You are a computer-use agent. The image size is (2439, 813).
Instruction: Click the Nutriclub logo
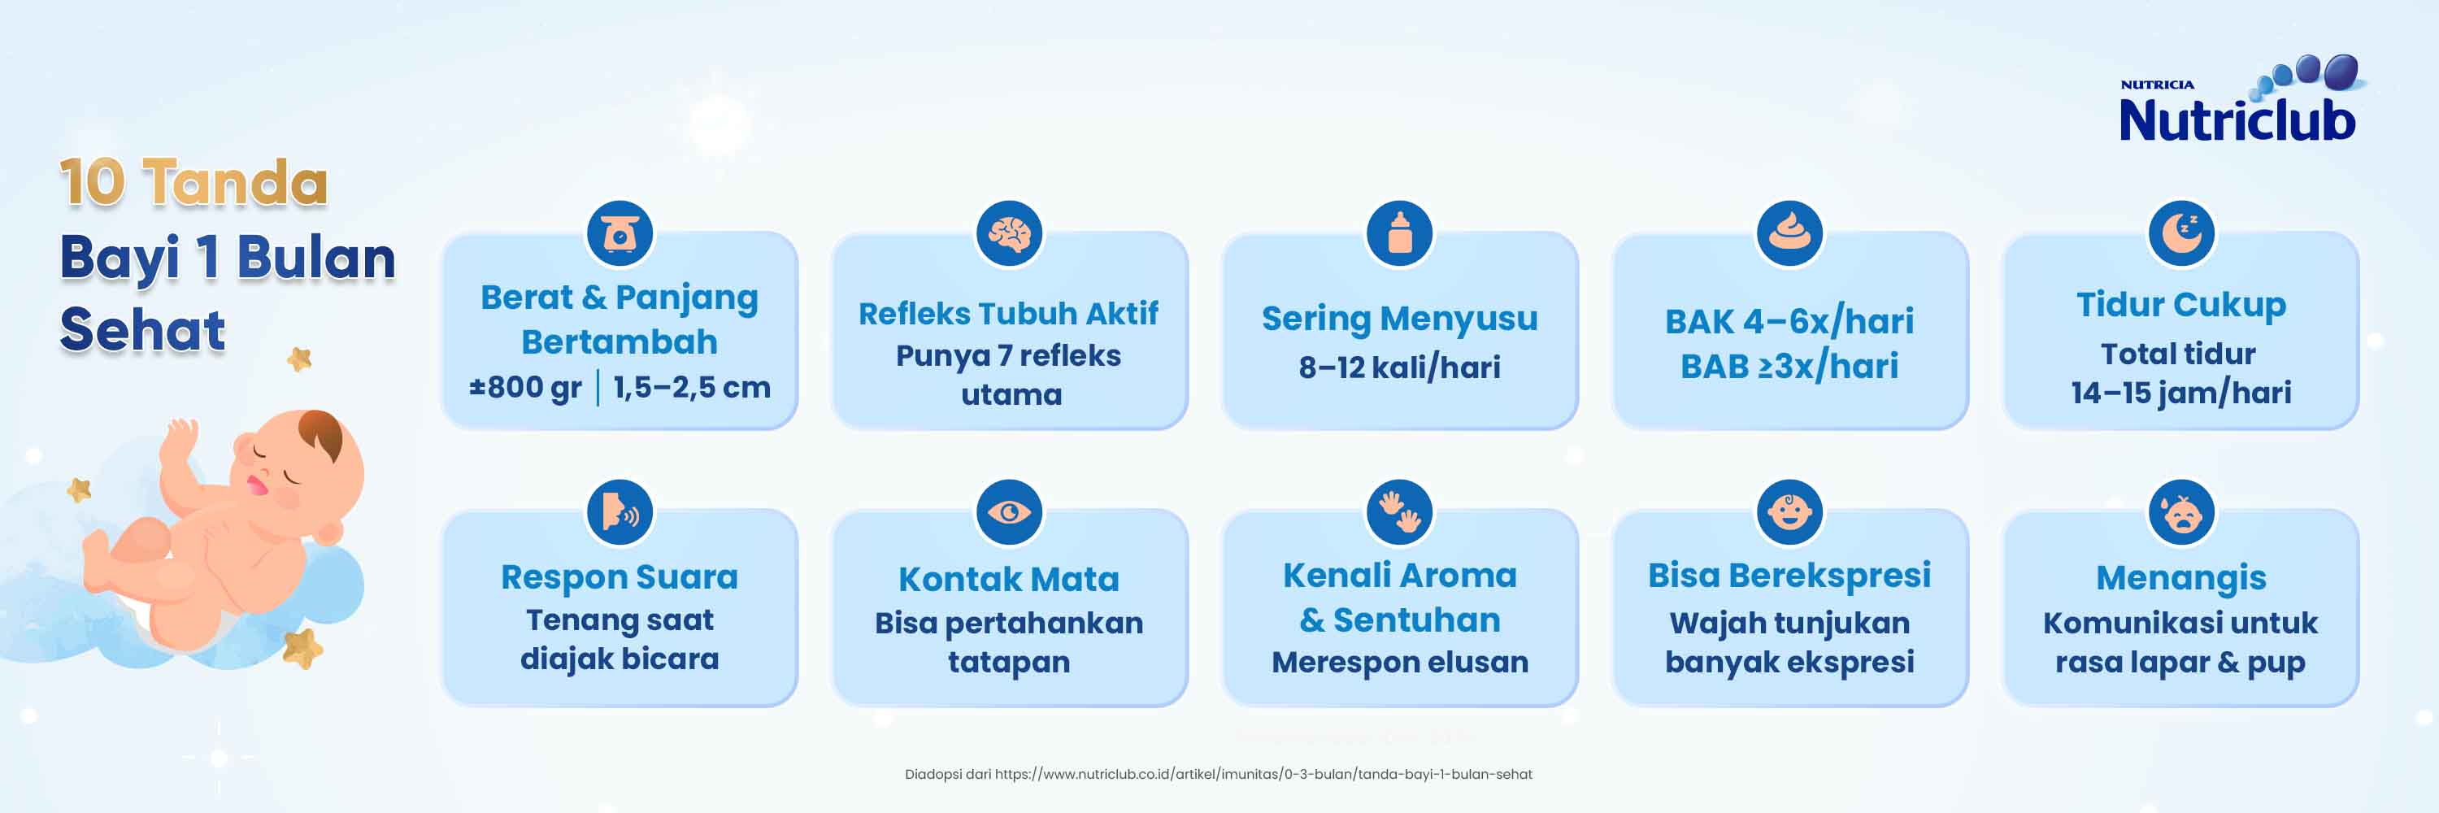(2240, 99)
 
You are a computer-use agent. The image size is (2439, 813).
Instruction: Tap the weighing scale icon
(620, 233)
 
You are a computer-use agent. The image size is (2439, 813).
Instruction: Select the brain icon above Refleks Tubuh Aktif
(1009, 233)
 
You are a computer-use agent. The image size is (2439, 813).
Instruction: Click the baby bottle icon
(1399, 233)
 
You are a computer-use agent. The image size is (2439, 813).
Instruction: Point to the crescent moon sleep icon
(2181, 233)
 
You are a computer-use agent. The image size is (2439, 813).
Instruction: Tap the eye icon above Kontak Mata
(1009, 512)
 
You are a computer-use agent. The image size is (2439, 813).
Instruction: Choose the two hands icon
(1399, 512)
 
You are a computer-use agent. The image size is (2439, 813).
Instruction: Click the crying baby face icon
(2181, 512)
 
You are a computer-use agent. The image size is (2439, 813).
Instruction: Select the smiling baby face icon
(1789, 512)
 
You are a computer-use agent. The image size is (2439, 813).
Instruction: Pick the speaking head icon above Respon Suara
(620, 512)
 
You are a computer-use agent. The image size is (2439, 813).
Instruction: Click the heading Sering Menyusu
(1399, 320)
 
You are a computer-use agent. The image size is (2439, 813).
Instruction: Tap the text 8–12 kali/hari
(1399, 367)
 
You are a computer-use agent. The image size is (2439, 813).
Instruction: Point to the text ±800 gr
(525, 387)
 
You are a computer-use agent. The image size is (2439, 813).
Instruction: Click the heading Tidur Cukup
(2181, 305)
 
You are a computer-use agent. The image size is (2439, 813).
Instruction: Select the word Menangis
(2181, 578)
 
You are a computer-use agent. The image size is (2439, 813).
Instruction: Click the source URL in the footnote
(1263, 774)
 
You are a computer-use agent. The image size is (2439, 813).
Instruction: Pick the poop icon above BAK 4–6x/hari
(1789, 233)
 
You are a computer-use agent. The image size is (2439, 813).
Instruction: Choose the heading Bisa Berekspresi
(1789, 576)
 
